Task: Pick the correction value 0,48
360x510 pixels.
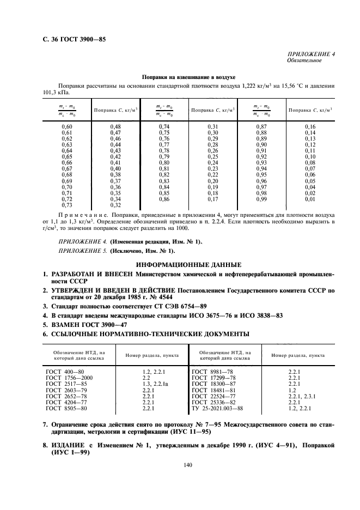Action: (115, 126)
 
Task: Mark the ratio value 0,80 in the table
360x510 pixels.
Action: (164, 162)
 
